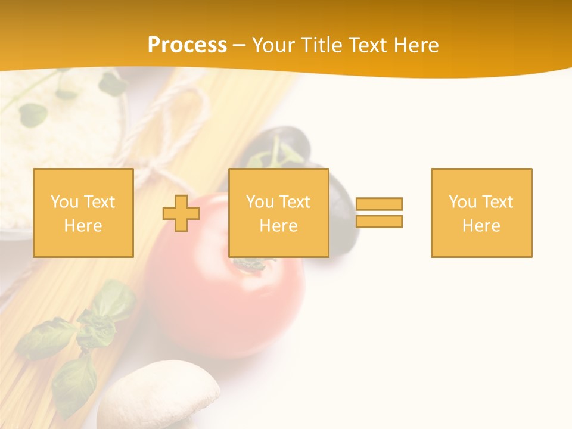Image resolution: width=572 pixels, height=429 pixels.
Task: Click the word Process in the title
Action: (x=187, y=45)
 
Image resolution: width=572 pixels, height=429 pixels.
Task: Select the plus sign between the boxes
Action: (x=181, y=213)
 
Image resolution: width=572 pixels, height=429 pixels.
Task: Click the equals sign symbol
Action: (x=379, y=213)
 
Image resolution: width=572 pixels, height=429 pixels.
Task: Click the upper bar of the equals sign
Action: (x=379, y=204)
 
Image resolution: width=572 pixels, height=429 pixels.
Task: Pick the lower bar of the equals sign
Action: (x=379, y=222)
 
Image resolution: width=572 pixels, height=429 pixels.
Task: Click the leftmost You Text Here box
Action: (x=83, y=213)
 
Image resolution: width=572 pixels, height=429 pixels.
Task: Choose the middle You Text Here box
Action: (x=279, y=213)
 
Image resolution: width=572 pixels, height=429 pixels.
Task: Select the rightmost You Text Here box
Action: (x=481, y=213)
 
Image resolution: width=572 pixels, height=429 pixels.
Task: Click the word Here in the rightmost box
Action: (x=481, y=226)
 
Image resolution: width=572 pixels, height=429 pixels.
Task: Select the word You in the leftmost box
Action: (x=64, y=202)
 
